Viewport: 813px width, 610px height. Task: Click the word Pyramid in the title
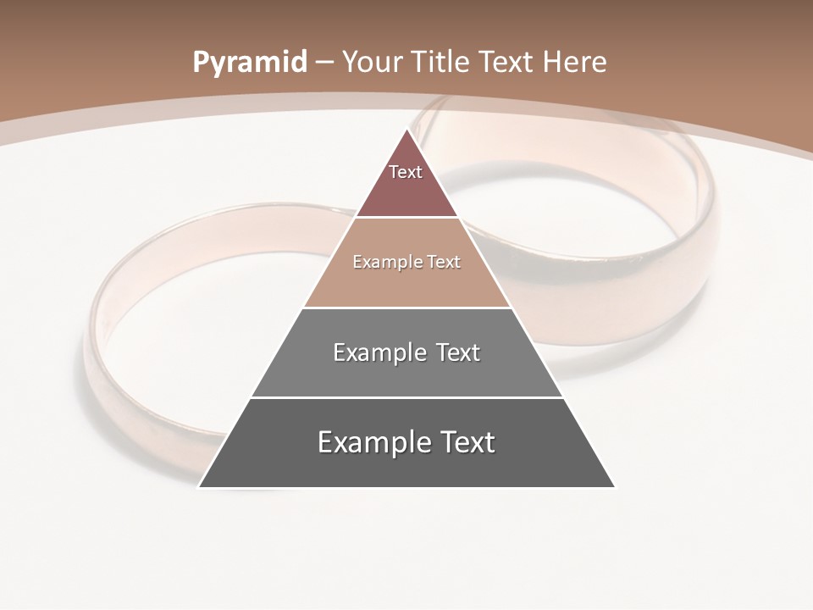[249, 63]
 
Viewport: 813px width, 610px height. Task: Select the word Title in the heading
[440, 62]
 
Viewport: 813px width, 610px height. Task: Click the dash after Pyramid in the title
[324, 63]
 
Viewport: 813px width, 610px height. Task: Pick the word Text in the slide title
[507, 62]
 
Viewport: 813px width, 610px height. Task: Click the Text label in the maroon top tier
[406, 172]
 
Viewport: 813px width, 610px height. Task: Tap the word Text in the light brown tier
[444, 262]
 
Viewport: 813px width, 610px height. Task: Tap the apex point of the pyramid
[406, 130]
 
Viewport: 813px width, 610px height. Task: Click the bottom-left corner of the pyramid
[200, 486]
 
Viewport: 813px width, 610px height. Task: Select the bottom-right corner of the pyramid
[614, 486]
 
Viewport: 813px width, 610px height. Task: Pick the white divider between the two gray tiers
[406, 397]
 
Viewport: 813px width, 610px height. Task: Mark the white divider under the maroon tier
[406, 217]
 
